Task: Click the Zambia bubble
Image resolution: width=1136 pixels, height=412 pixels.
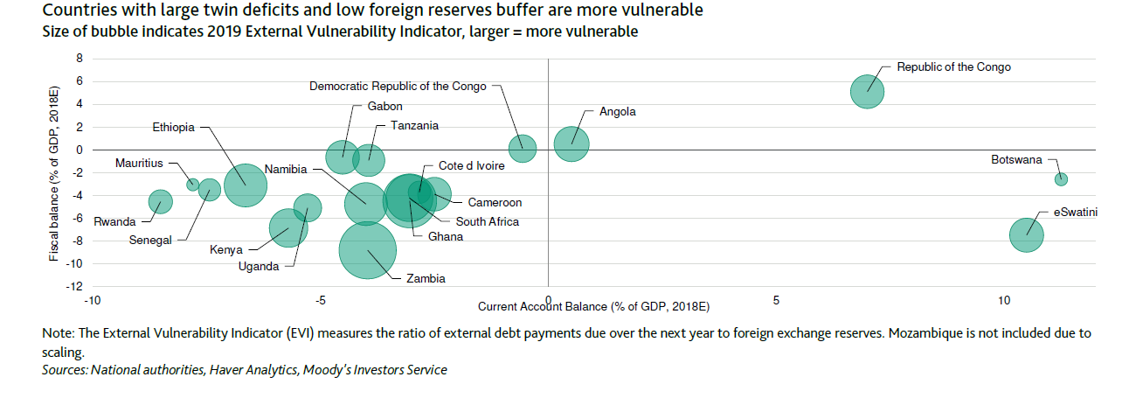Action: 368,251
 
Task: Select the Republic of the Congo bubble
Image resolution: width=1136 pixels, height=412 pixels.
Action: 868,91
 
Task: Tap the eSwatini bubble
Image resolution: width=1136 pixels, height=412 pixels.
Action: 1026,234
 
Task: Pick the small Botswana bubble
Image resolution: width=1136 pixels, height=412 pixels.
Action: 1061,179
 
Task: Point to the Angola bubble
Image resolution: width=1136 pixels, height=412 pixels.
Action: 571,144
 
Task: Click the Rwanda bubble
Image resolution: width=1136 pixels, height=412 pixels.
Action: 160,202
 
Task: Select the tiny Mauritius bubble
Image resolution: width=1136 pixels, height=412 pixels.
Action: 193,184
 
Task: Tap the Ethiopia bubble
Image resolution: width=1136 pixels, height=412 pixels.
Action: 246,184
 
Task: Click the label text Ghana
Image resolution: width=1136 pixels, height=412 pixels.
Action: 445,236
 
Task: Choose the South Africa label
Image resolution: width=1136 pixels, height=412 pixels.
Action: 487,221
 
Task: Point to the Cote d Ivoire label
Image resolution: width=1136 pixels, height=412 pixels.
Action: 471,165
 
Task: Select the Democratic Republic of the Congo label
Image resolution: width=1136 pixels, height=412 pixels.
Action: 399,86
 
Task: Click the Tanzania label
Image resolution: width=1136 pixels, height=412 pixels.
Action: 414,126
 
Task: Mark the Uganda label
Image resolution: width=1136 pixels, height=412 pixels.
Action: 258,267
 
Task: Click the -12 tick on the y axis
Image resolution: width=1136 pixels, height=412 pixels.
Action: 76,286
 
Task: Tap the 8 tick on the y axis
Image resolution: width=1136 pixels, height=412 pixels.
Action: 80,59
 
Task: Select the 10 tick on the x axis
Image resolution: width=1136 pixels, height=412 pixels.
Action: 1004,301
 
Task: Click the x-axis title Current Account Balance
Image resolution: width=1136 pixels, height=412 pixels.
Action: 593,307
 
